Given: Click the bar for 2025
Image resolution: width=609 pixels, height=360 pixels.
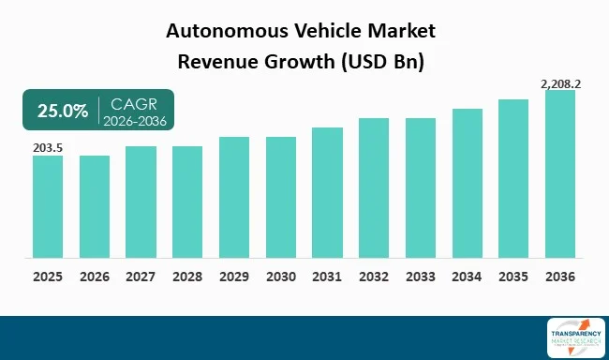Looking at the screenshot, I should click(48, 206).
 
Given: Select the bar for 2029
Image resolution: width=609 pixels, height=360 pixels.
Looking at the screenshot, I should click(234, 197).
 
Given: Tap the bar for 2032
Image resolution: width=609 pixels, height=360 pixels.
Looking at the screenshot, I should click(374, 187).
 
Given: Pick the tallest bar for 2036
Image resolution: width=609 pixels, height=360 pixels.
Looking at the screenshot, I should click(559, 173).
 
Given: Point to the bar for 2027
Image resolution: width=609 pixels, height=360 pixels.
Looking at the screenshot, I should click(141, 202).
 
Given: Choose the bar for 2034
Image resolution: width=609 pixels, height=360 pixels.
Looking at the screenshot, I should click(467, 183).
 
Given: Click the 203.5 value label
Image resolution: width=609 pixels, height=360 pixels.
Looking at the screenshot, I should click(47, 147).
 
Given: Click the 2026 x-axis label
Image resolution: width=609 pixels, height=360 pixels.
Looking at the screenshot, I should click(95, 277).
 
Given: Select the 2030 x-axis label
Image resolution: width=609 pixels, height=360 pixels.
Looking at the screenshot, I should click(281, 277).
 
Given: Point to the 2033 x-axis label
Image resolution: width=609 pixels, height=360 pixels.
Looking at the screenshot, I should click(421, 277).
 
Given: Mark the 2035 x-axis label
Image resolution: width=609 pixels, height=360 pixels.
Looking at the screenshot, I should click(513, 277).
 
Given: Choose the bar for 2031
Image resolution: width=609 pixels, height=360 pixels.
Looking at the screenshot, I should click(327, 192).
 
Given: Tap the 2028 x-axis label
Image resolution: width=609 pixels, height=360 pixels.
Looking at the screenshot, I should click(187, 277).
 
